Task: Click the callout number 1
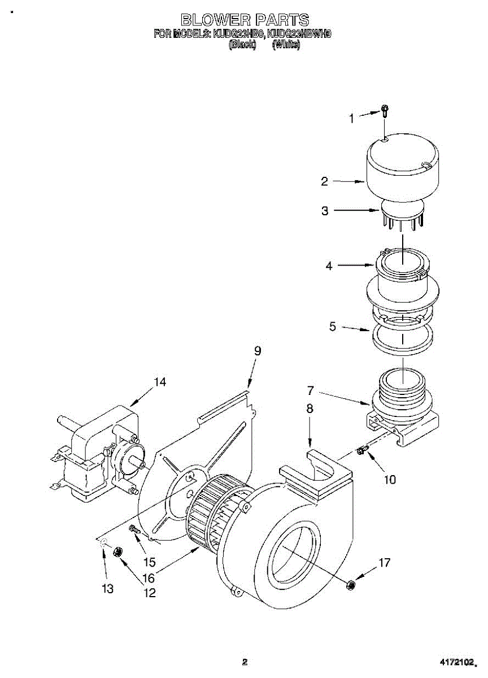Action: point(351,119)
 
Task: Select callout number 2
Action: point(324,181)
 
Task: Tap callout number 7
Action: point(310,390)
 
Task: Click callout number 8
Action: point(310,408)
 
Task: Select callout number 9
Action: point(258,351)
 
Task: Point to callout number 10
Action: point(390,480)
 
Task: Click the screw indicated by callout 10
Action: point(362,450)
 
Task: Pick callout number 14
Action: point(160,383)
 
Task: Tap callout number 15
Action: point(149,563)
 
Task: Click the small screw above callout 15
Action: point(134,529)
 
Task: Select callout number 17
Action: point(384,563)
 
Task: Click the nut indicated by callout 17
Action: point(350,585)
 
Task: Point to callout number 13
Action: point(107,589)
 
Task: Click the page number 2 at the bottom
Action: point(245,662)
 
